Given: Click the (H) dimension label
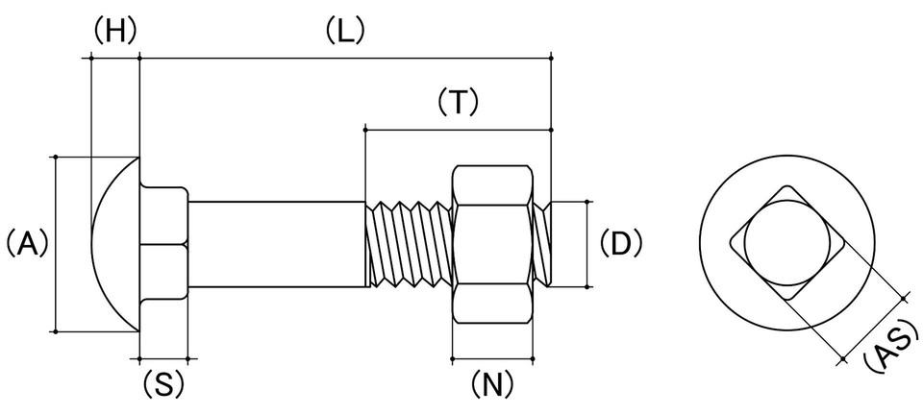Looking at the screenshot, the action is [115, 30].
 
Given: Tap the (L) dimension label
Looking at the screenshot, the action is [345, 30].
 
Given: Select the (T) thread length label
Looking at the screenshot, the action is [458, 102].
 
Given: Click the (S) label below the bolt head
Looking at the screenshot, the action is [163, 385].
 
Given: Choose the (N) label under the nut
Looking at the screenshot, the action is [492, 385].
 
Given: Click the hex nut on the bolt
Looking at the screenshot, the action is [492, 244].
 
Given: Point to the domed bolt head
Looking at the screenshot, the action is [114, 244].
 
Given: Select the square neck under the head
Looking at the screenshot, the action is [163, 244].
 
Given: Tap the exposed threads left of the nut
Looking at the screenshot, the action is [409, 244].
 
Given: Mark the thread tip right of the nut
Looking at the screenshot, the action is [541, 244].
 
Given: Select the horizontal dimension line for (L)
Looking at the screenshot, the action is [345, 59].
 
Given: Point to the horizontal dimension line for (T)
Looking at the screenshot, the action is [458, 130].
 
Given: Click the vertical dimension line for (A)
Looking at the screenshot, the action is [56, 245].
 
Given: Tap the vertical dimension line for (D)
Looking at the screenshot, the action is [587, 244].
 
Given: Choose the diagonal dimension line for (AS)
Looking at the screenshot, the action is [874, 329].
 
